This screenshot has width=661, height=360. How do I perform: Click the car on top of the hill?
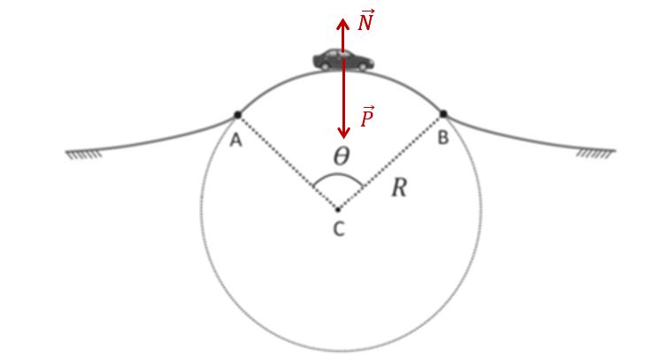pyautogui.click(x=342, y=60)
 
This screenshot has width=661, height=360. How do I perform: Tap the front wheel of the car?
pyautogui.click(x=363, y=66)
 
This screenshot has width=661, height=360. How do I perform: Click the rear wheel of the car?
pyautogui.click(x=326, y=66)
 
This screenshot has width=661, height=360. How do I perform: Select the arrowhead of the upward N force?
pyautogui.click(x=342, y=24)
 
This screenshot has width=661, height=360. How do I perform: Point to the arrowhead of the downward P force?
pyautogui.click(x=344, y=134)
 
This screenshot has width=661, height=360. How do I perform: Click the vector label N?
pyautogui.click(x=365, y=20)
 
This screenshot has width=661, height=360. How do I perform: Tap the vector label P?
pyautogui.click(x=367, y=117)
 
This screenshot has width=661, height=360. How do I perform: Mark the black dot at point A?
pyautogui.click(x=237, y=115)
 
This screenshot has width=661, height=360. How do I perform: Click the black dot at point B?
pyautogui.click(x=443, y=114)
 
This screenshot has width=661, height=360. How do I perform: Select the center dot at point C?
pyautogui.click(x=338, y=209)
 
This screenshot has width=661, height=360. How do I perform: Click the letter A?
pyautogui.click(x=236, y=140)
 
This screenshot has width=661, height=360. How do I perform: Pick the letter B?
pyautogui.click(x=442, y=138)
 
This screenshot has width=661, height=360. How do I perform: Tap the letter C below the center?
pyautogui.click(x=339, y=229)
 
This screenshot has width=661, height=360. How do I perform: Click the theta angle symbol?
pyautogui.click(x=342, y=156)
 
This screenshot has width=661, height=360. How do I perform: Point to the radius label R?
pyautogui.click(x=399, y=188)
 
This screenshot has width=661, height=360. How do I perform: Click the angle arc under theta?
pyautogui.click(x=338, y=175)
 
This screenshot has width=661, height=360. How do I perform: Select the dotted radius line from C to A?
pyautogui.click(x=288, y=162)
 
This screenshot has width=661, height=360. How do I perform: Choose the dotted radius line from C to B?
pyautogui.click(x=390, y=162)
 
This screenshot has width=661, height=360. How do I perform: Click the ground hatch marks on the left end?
pyautogui.click(x=84, y=155)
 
